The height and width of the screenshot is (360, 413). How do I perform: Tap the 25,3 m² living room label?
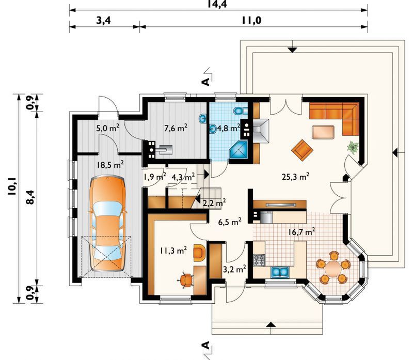pos(295,177)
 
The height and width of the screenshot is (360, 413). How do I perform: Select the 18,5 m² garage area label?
pos(110,165)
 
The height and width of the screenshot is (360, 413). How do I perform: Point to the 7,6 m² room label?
pos(176,128)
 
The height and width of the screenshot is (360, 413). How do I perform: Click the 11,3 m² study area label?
pos(173,250)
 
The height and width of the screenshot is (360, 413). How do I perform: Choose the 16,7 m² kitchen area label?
pos(301,232)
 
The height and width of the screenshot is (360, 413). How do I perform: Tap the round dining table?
pos(333,268)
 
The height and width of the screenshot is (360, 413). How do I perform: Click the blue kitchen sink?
pos(280,272)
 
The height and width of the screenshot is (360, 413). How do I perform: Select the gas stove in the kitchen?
pos(259,260)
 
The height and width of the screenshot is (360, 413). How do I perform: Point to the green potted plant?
pos(353,146)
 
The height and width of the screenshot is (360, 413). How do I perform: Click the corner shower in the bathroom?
pos(239,150)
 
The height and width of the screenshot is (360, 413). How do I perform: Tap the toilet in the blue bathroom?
pos(240,111)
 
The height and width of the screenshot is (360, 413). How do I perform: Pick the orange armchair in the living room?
pos(302,150)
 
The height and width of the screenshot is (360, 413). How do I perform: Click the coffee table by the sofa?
pos(323,132)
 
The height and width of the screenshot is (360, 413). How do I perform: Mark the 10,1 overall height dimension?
pos(12,186)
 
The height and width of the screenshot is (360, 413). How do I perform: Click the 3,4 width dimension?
pos(104,20)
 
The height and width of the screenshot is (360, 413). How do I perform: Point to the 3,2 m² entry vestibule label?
pos(234,269)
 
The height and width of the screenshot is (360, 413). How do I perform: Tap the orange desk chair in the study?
pos(187,280)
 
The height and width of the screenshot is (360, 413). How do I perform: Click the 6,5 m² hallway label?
pos(230,222)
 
